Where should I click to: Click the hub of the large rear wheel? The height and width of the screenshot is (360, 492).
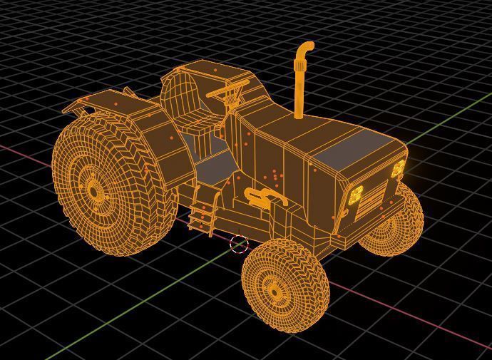click(x=93, y=190)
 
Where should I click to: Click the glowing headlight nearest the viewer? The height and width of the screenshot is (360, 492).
click(x=354, y=197)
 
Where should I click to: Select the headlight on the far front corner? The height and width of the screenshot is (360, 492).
click(x=398, y=170)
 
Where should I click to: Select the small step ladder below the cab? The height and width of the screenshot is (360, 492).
click(x=203, y=212)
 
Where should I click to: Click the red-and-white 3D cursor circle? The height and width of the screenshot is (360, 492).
click(x=240, y=245)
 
